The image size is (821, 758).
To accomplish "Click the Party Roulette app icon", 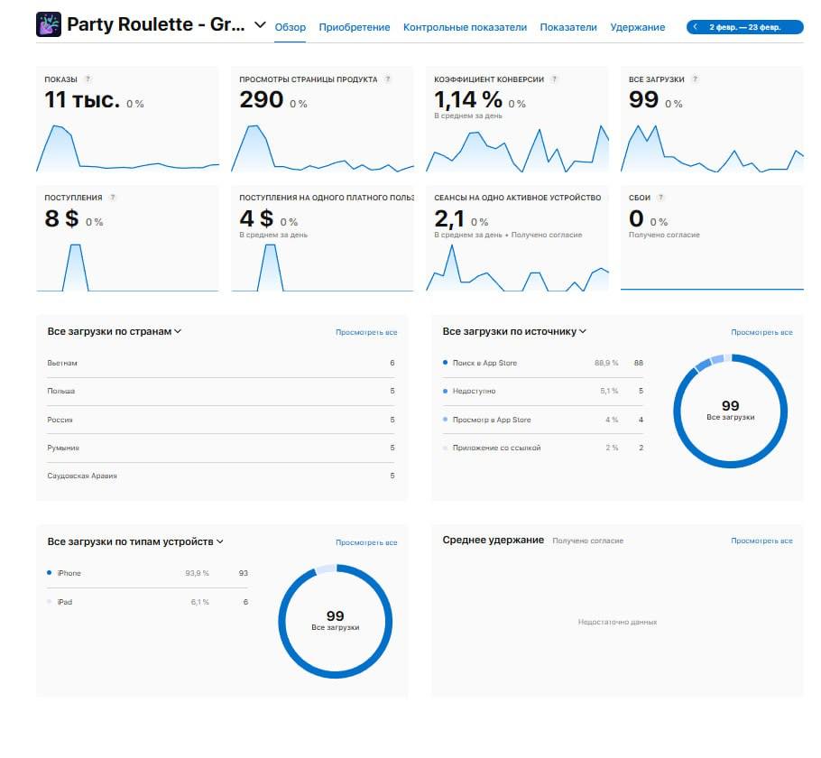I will (x=49, y=25).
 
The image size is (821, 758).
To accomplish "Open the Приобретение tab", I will (x=355, y=27).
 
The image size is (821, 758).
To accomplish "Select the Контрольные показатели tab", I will (x=465, y=27).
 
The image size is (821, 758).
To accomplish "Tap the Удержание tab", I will (x=637, y=27).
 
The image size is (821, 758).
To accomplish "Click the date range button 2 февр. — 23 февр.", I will (x=745, y=27).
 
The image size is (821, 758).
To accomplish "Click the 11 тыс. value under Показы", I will (x=82, y=100).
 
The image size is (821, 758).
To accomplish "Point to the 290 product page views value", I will (x=261, y=100).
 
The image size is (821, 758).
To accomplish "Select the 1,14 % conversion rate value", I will (x=468, y=99).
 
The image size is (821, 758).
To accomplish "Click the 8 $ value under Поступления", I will (x=61, y=218).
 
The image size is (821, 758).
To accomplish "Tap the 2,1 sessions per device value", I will (x=448, y=218).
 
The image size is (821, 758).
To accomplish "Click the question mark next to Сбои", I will (x=660, y=198).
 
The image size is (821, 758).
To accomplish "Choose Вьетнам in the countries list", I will (x=62, y=363).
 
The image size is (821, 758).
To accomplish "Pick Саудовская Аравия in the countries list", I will (x=82, y=476).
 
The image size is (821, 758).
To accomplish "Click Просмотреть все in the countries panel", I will (x=366, y=332).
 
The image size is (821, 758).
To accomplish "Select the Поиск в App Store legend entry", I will (x=484, y=363).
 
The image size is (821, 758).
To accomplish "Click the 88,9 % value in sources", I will (x=605, y=363).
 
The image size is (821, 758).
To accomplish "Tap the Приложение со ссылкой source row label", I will (x=497, y=448).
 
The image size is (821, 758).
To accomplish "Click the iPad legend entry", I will (x=64, y=602).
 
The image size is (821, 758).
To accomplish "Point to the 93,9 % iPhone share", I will (x=197, y=573).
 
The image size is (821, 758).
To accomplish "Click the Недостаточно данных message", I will (x=617, y=622).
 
